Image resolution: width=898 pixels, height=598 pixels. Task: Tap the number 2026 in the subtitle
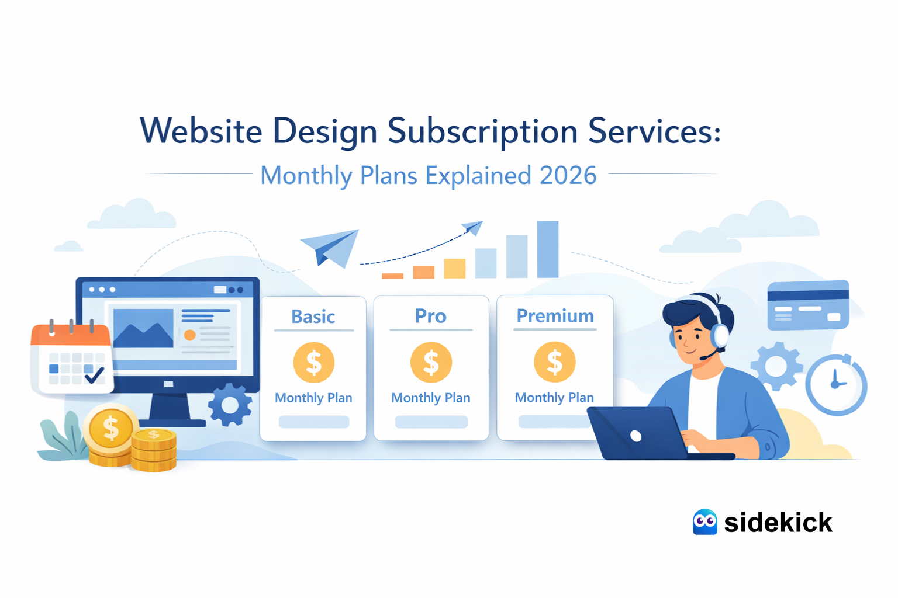click(x=568, y=175)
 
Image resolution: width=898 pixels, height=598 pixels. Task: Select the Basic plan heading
click(x=313, y=317)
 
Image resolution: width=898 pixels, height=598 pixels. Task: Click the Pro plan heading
click(x=431, y=316)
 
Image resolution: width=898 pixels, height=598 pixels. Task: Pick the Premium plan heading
click(x=555, y=316)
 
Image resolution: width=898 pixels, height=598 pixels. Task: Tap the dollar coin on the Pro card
click(x=431, y=362)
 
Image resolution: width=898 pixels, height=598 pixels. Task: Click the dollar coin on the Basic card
click(x=314, y=362)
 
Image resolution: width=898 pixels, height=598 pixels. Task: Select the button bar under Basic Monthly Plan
click(x=314, y=422)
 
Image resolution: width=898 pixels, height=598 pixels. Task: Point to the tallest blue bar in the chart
click(x=548, y=249)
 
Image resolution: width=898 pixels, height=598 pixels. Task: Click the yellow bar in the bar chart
click(x=455, y=269)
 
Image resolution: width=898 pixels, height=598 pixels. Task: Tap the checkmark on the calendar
click(x=94, y=375)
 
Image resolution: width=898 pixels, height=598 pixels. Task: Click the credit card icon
click(x=808, y=305)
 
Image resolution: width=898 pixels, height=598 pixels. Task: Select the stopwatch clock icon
click(x=836, y=384)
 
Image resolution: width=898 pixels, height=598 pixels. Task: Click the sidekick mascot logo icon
click(x=705, y=522)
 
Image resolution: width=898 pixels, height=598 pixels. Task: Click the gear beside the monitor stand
click(x=230, y=405)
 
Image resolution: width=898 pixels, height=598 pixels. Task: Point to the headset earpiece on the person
click(x=719, y=335)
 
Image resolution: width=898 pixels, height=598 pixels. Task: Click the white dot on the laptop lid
click(x=636, y=436)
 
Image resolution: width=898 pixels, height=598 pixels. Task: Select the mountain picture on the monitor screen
click(x=143, y=328)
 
